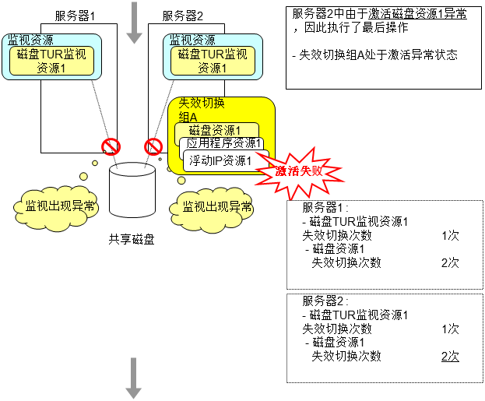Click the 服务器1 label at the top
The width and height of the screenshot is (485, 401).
pyautogui.click(x=75, y=16)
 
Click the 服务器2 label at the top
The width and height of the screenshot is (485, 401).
pyautogui.click(x=182, y=16)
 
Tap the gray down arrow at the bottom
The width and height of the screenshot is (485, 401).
pyautogui.click(x=134, y=378)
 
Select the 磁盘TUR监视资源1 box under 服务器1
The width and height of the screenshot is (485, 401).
pyautogui.click(x=56, y=61)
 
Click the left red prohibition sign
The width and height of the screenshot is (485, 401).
pyautogui.click(x=111, y=146)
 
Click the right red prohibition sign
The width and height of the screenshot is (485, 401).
pyautogui.click(x=153, y=146)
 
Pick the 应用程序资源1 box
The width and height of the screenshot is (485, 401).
pyautogui.click(x=223, y=145)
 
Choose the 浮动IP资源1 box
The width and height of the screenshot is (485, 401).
pyautogui.click(x=221, y=160)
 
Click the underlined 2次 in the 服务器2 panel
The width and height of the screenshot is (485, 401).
pyautogui.click(x=450, y=356)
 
